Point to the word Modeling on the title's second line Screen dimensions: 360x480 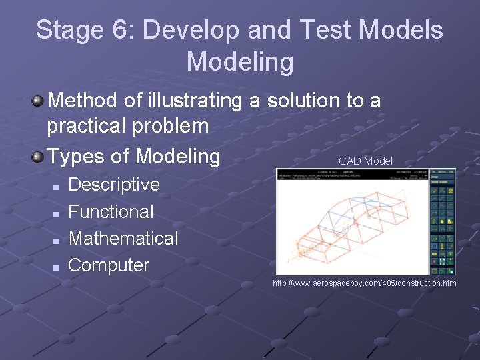point(240,62)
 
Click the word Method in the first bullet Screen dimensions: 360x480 point(83,101)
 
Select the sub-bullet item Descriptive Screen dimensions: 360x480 point(114,185)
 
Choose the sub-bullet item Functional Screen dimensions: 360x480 point(111,212)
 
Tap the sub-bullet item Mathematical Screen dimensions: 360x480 point(123,239)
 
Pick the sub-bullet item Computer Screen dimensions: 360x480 point(109,265)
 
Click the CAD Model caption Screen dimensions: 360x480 point(365,161)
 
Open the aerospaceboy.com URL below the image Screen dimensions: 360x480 point(365,284)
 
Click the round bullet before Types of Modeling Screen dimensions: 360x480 point(39,157)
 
